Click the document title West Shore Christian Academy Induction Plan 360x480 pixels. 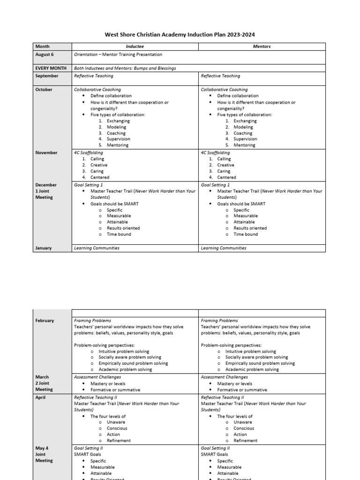tap(180, 35)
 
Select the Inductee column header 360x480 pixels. tap(135, 46)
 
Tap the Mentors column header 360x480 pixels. tap(262, 46)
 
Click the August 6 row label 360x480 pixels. tap(45, 54)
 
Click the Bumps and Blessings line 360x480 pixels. tap(125, 68)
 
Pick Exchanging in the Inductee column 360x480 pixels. tap(118, 121)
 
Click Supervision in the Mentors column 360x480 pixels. tap(245, 139)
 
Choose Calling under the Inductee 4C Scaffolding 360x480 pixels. tap(97, 159)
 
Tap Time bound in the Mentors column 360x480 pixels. tap(245, 234)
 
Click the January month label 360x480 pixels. tap(44, 248)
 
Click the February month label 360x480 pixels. tap(45, 321)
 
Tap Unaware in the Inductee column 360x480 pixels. tap(116, 422)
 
